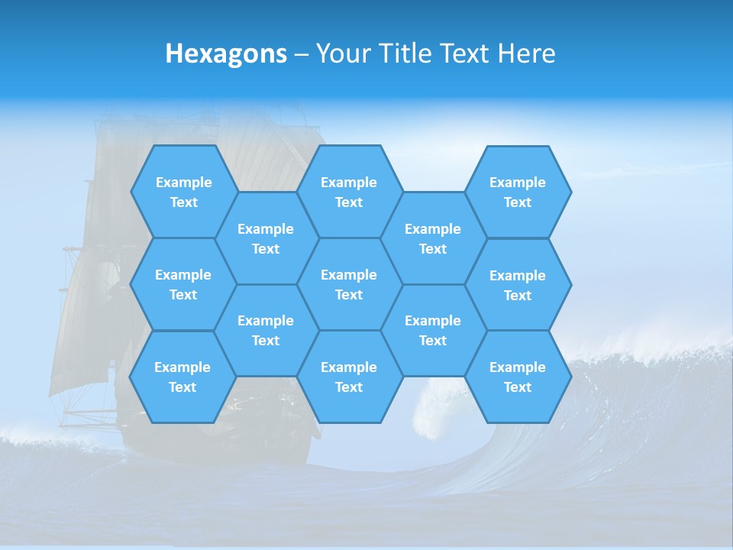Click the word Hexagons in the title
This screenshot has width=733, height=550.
pos(226,53)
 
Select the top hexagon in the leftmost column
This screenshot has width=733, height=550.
pos(183,192)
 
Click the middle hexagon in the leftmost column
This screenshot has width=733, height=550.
pos(183,284)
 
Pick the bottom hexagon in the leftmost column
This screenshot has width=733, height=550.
pos(182,377)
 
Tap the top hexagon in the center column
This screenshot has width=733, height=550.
pos(349,192)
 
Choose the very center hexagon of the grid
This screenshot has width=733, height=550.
pos(349,284)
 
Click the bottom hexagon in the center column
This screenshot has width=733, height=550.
pos(349,377)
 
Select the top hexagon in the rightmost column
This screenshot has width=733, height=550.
pos(518,192)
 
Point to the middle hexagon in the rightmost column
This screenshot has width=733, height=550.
pos(518,285)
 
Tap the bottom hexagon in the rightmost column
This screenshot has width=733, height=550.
pos(518,377)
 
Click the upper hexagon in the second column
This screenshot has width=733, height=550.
pos(266,238)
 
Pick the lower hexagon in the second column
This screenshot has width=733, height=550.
pos(266,330)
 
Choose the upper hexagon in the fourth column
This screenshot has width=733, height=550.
pos(433,238)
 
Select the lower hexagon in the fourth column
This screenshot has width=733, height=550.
pos(433,330)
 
